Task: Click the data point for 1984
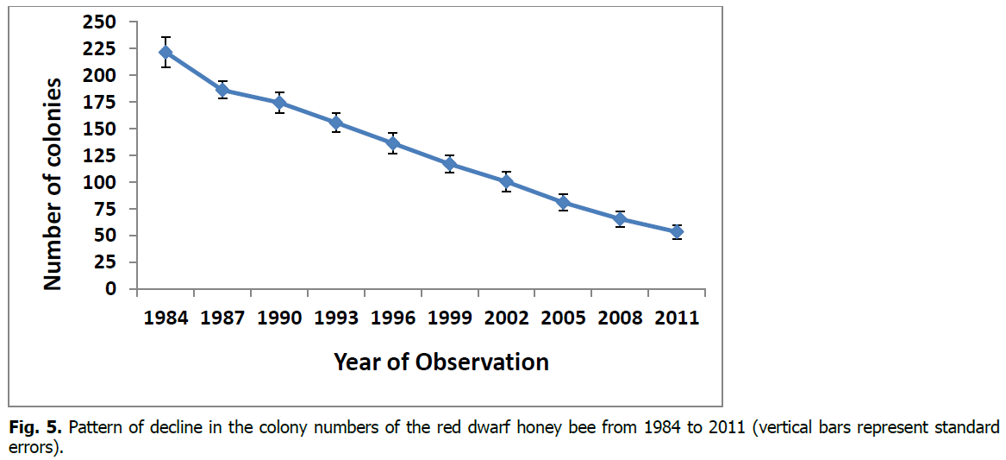click(x=166, y=53)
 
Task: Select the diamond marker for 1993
click(x=336, y=123)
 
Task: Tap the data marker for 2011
click(x=677, y=231)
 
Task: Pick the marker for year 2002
click(x=507, y=181)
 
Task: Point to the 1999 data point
click(x=450, y=164)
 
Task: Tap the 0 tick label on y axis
click(x=110, y=289)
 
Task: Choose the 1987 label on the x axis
click(x=222, y=318)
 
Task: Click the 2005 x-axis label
click(x=563, y=318)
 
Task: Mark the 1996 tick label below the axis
click(x=393, y=318)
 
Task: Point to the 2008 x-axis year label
click(x=620, y=318)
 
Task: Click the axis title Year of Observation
click(x=441, y=362)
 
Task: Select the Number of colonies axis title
click(x=53, y=184)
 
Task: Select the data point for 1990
click(x=279, y=103)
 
